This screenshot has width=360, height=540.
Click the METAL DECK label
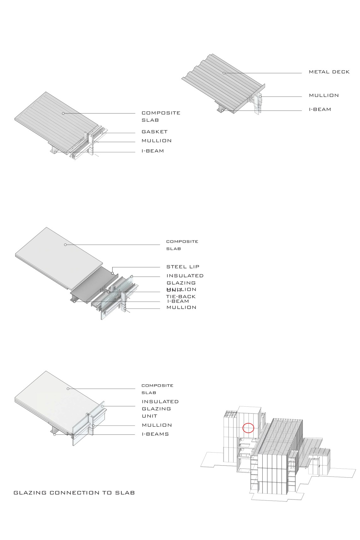pos(329,72)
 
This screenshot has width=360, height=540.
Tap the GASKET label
pos(154,132)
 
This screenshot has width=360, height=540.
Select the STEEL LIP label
pos(183,267)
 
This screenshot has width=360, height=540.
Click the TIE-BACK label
pos(181,297)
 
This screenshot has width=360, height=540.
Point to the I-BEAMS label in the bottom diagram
pos(155,434)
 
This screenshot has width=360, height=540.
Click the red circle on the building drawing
pos(248,428)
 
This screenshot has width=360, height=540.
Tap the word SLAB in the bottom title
pos(125,493)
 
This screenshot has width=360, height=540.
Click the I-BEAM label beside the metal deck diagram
pos(320,110)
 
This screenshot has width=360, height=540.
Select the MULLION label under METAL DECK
pos(324,95)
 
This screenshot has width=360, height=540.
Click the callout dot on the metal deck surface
pos(224,73)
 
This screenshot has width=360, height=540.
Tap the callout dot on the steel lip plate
pos(112,273)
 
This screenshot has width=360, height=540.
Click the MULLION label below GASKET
pos(156,141)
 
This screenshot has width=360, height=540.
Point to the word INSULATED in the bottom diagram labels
pos(160,402)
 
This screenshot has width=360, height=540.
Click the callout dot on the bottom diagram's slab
pos(68,389)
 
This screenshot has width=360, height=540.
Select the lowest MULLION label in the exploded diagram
pos(181,307)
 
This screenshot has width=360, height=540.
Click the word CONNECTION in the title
pos(74,493)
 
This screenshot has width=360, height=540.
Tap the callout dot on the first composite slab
pos(63,113)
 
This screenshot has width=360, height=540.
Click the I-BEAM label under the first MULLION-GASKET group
pos(153,151)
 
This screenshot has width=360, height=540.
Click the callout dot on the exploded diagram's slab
pos(65,245)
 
